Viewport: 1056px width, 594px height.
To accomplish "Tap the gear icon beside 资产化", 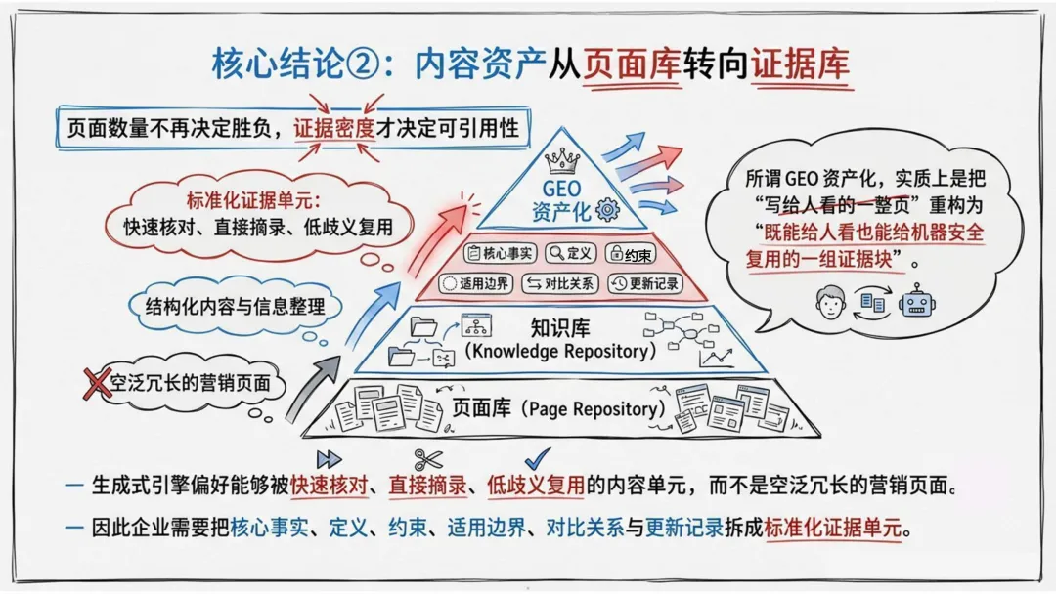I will (607, 210).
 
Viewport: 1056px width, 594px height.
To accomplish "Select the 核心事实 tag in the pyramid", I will (500, 253).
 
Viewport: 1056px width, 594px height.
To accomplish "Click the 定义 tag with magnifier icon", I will (570, 253).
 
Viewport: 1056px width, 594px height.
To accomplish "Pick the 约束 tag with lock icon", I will (631, 253).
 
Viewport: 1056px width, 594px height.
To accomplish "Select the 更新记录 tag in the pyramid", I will (644, 283).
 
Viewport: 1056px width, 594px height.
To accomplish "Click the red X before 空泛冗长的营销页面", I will (96, 383).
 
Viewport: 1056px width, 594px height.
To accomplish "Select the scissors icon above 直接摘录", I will (427, 459).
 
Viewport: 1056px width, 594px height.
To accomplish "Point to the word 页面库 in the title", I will (632, 64).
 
